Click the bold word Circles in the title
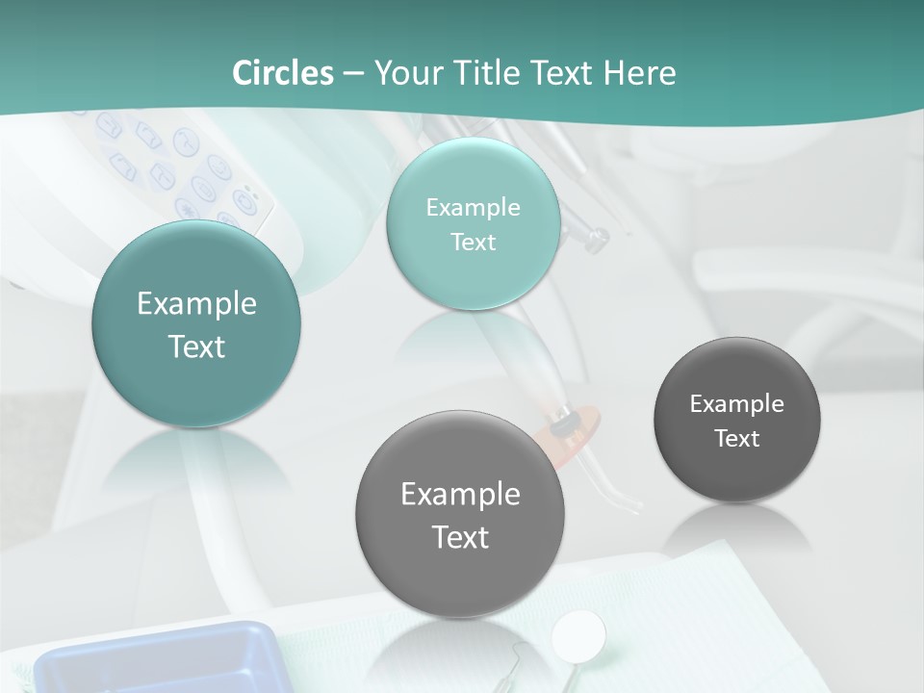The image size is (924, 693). [282, 73]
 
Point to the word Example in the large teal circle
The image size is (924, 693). [196, 304]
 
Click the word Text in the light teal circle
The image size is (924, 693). [473, 242]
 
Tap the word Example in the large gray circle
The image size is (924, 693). [460, 495]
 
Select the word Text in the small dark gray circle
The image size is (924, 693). [737, 439]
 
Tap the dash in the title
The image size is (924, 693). [353, 73]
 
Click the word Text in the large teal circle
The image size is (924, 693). [196, 346]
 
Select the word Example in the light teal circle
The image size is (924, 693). [473, 208]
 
